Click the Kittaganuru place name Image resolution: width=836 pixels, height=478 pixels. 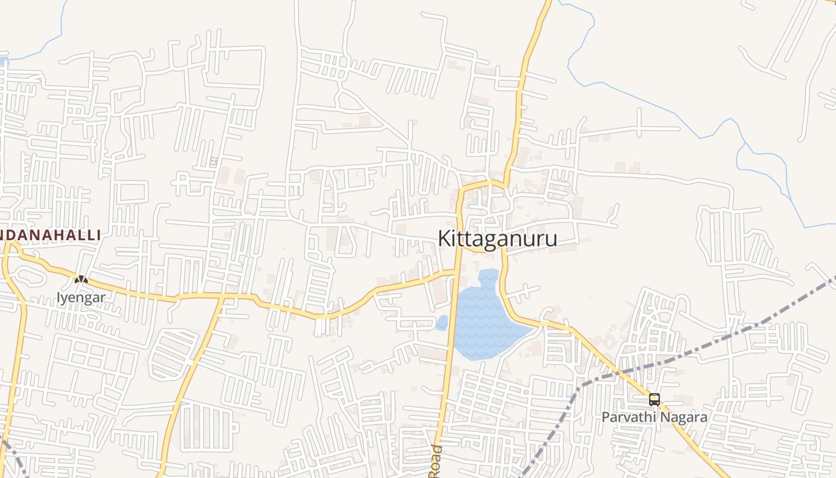pos(497,238)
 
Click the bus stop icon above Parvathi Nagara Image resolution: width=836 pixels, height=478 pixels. pos(654,400)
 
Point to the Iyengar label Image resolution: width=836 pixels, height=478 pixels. pos(81,297)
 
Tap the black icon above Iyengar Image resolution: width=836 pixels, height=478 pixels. pos(81,279)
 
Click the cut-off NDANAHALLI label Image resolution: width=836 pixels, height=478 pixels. pos(50,235)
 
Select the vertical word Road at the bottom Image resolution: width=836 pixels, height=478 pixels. pos(436,461)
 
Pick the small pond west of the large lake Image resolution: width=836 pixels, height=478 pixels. pos(442,323)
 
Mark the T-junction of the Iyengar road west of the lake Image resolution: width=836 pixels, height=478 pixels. pos(457,271)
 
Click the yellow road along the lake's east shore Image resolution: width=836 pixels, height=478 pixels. pos(506,299)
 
